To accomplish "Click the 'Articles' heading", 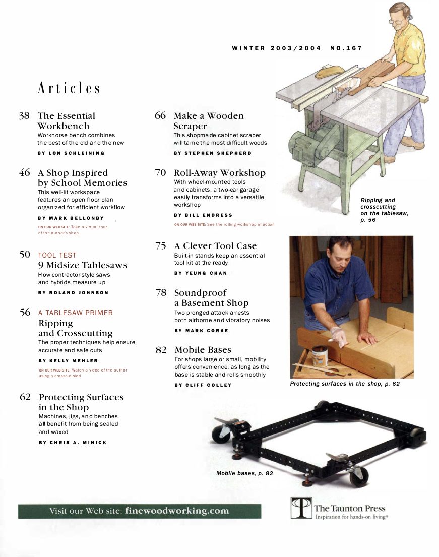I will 69,89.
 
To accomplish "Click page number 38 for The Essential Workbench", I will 24,116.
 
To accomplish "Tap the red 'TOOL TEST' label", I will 57,255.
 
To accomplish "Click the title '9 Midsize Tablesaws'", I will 83,265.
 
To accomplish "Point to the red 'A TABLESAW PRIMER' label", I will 76,313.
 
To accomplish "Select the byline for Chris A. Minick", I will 73,442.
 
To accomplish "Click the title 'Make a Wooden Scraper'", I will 208,121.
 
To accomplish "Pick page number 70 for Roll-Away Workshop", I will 160,173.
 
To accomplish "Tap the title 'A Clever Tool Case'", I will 215,246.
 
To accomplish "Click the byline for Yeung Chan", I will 200,273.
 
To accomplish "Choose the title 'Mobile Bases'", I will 203,350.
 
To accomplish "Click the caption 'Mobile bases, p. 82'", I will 244,473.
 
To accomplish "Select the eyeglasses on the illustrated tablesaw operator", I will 397,21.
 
